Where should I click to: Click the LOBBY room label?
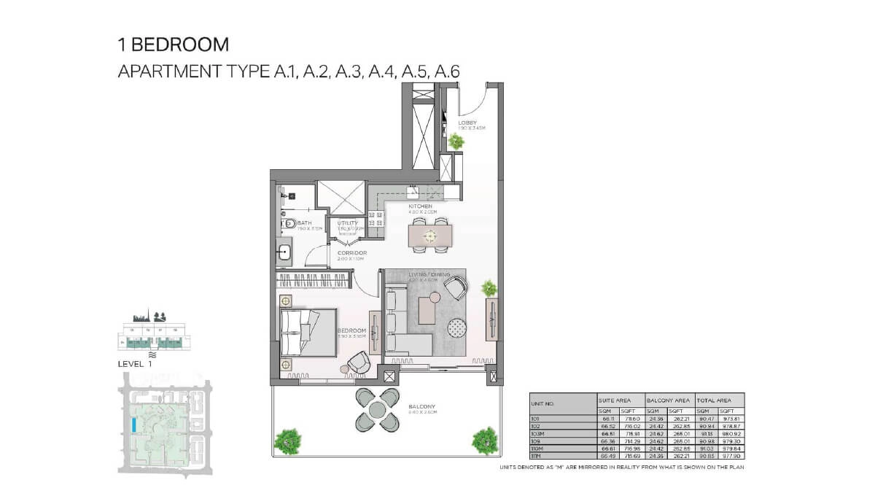[x=467, y=122]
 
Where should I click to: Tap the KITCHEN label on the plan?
[x=420, y=206]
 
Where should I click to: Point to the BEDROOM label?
[x=351, y=330]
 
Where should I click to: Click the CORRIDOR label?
[x=351, y=252]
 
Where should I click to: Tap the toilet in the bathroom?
[x=289, y=224]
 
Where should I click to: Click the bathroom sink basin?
[x=285, y=252]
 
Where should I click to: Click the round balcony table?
[x=376, y=410]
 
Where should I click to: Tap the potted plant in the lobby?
[x=456, y=141]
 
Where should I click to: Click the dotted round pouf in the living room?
[x=457, y=328]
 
